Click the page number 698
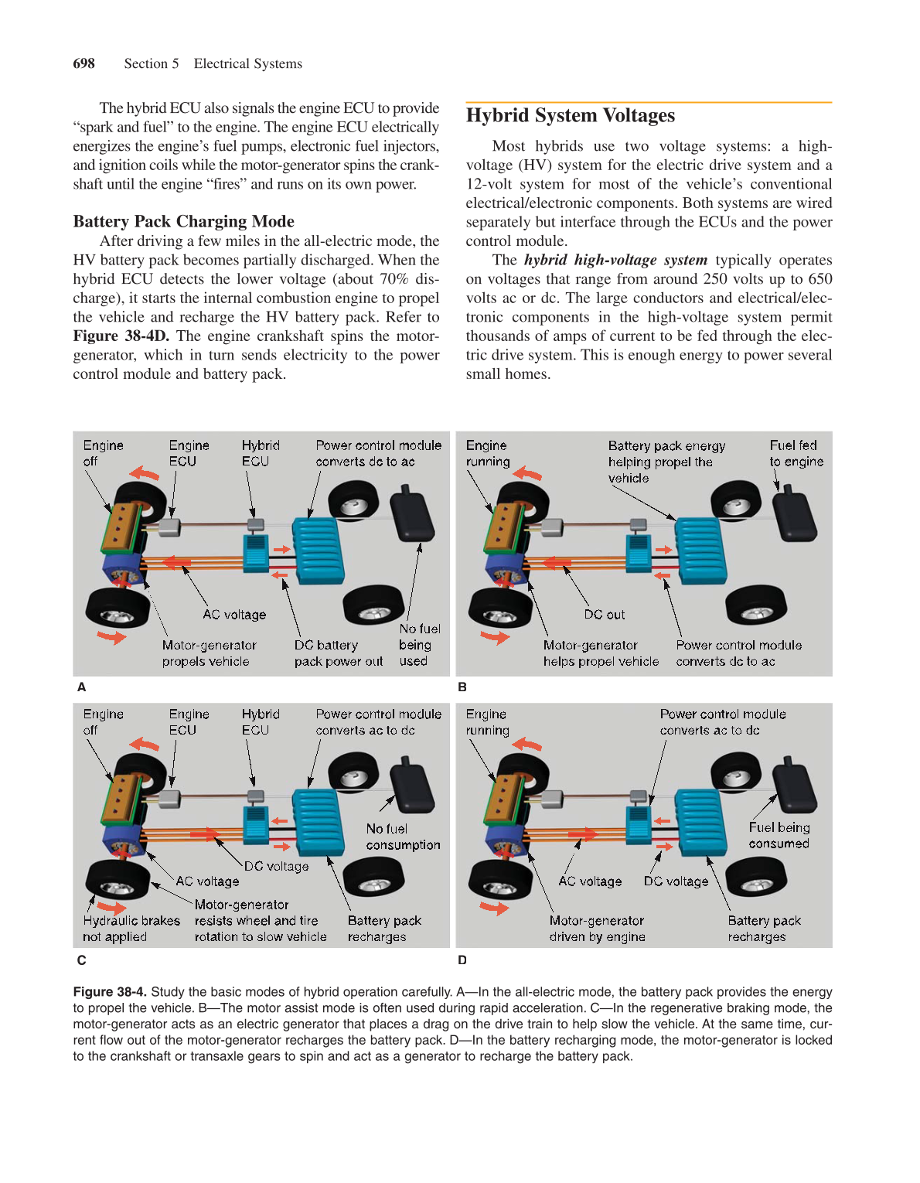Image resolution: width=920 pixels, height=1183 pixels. coord(83,63)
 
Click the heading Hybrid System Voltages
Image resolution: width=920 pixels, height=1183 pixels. coord(570,115)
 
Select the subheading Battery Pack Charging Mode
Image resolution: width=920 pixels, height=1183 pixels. coord(183,221)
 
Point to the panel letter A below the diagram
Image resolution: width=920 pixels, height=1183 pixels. coord(81,687)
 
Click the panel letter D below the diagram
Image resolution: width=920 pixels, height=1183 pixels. coord(462,960)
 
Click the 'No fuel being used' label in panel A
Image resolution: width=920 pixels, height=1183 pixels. coord(419,645)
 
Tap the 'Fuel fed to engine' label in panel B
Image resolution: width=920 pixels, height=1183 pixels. coord(796,453)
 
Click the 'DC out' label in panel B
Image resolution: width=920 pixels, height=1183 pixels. coord(604,615)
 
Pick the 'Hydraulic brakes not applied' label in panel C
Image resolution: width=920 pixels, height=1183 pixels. coord(131,929)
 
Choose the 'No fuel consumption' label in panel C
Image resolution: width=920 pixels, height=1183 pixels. coord(403,837)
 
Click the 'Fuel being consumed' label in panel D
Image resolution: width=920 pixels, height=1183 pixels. coord(779,835)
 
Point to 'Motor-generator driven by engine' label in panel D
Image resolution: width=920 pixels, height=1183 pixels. coord(596,929)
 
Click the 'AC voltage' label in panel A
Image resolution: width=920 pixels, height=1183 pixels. coord(234,615)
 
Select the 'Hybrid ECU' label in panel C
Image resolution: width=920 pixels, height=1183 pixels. coord(260,721)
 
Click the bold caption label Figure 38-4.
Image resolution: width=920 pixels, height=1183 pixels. coord(109,992)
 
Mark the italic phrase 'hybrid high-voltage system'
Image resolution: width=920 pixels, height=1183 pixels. coord(615,260)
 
